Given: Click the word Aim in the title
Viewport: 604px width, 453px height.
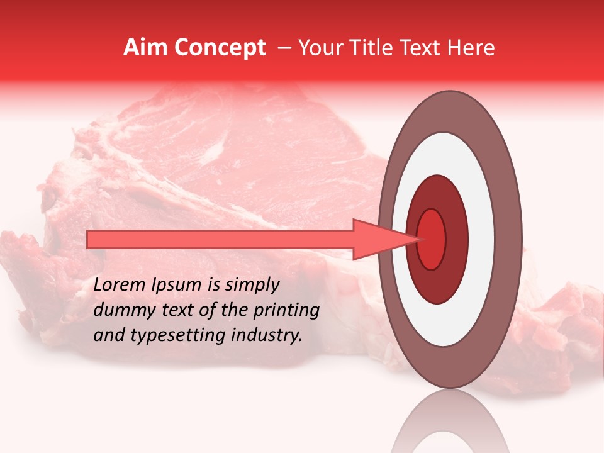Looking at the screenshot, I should [145, 48].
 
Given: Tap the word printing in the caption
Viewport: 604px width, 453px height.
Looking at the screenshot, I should [287, 310].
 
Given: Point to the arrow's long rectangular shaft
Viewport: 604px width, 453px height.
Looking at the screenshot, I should [220, 239].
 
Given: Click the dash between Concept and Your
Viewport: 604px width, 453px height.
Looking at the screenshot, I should [284, 48].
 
